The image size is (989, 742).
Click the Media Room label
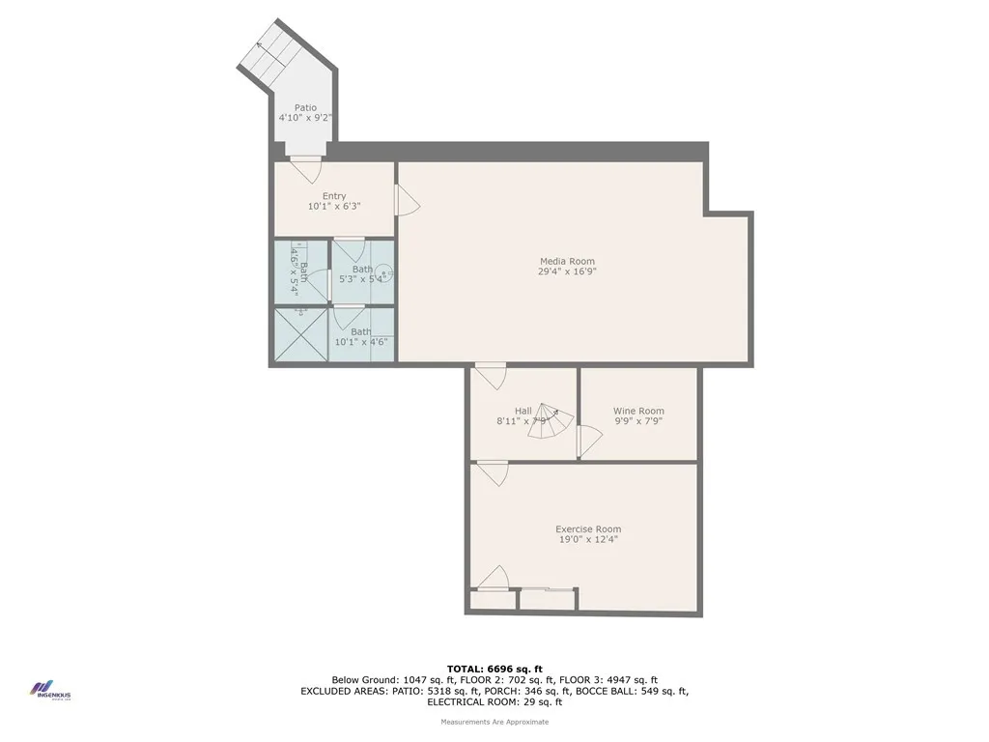pos(567,261)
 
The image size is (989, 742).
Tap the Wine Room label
pos(638,411)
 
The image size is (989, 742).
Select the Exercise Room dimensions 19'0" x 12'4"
pos(587,540)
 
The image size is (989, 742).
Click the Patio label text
pos(305,108)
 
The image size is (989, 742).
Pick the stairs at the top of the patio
pos(269,60)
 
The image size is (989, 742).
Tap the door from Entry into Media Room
pos(407,201)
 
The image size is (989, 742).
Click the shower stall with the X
pos(299,334)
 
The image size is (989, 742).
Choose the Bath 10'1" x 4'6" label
pos(361,337)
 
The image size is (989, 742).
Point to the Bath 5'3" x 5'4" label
pos(362,274)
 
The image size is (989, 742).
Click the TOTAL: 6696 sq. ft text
pos(494,669)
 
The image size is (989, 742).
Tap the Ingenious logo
pos(48,692)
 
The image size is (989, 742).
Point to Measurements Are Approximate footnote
pos(494,722)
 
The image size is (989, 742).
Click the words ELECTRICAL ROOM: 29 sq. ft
pos(494,701)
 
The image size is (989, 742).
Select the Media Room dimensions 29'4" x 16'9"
pos(567,272)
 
